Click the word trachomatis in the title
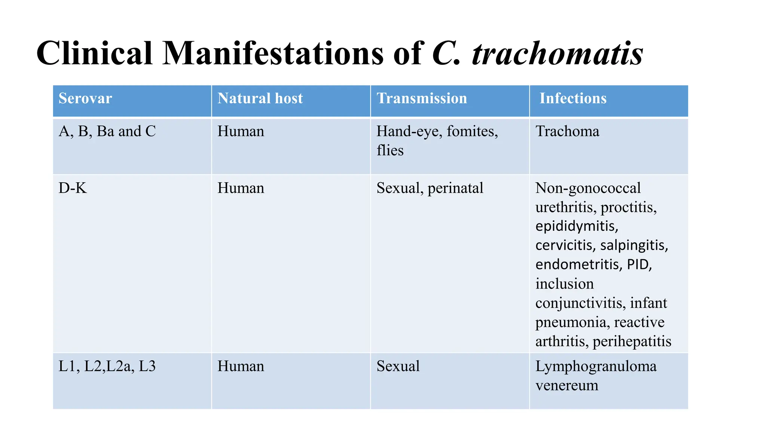(x=557, y=54)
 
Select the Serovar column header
(x=85, y=98)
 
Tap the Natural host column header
(x=260, y=98)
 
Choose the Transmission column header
(x=422, y=98)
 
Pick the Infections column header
(x=573, y=98)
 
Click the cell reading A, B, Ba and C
(x=107, y=131)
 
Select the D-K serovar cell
(x=73, y=188)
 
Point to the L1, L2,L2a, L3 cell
(x=107, y=366)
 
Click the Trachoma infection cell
(x=567, y=131)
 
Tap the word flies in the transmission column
(x=390, y=150)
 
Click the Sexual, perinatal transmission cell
(x=430, y=188)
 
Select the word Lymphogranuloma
(x=596, y=366)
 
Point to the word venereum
(x=567, y=385)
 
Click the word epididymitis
(x=576, y=226)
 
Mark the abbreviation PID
(x=639, y=265)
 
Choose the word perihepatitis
(x=632, y=341)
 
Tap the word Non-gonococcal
(x=588, y=188)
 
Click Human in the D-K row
(x=240, y=188)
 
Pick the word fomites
(x=472, y=131)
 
